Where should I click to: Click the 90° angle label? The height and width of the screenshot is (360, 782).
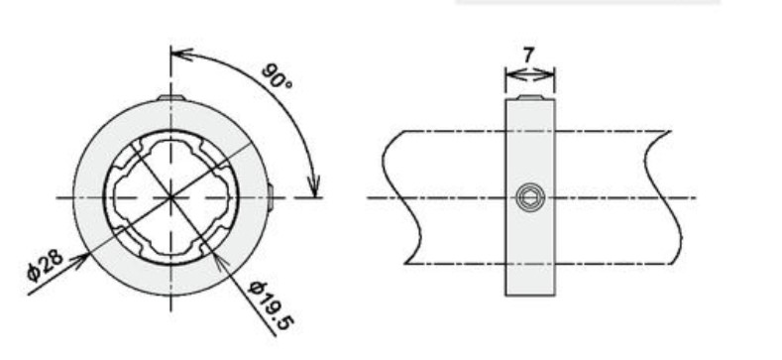(277, 76)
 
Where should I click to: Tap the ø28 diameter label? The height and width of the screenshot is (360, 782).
(46, 265)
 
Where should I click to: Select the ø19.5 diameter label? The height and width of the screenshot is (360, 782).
(271, 305)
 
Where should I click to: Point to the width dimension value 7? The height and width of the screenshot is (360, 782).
(528, 55)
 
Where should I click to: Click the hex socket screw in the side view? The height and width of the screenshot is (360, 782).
(529, 197)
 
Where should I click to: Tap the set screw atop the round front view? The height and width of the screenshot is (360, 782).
(171, 97)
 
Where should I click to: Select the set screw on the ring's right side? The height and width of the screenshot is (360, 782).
(270, 197)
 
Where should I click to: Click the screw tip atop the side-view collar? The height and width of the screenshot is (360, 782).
(529, 97)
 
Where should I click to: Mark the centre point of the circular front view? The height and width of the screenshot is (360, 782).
(171, 197)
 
